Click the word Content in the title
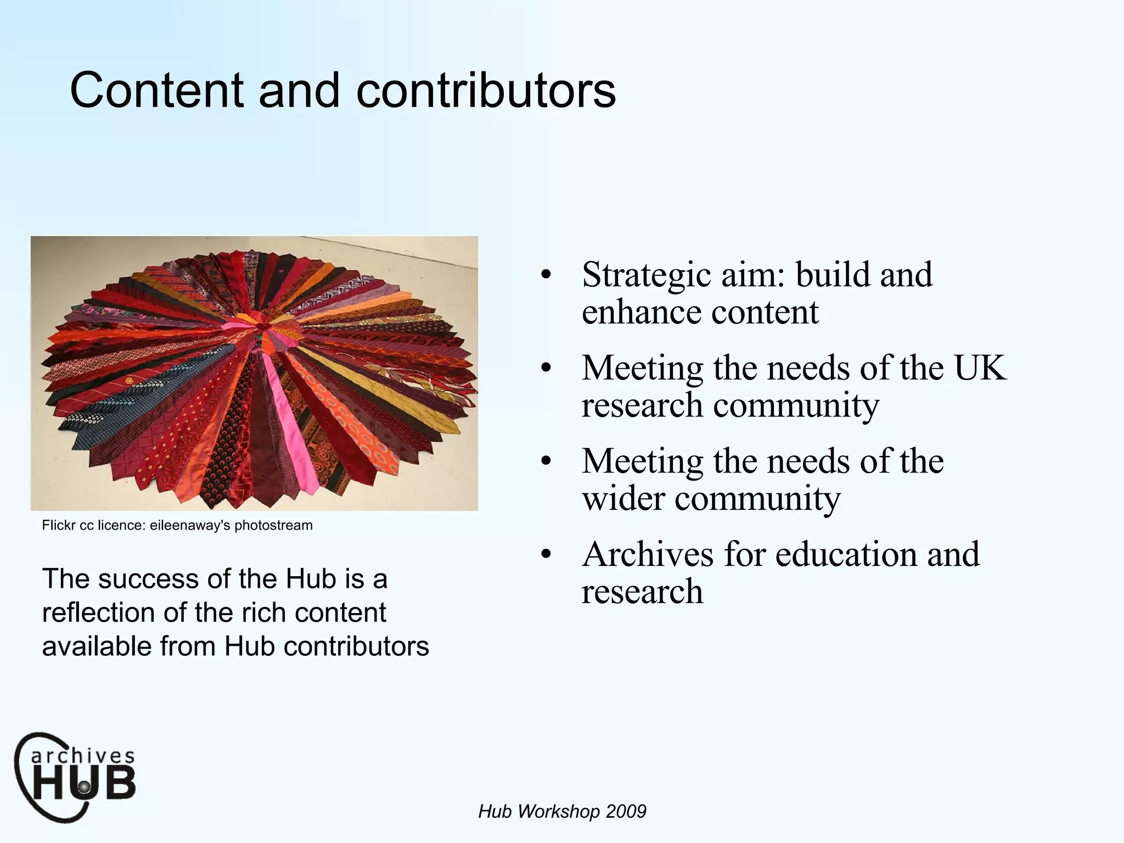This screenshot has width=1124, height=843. pyautogui.click(x=157, y=91)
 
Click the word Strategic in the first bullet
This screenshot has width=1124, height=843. pyautogui.click(x=647, y=275)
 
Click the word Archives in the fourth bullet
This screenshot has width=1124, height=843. pyautogui.click(x=648, y=554)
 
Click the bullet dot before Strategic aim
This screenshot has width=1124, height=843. pyautogui.click(x=545, y=276)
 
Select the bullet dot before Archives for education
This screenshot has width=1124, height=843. pyautogui.click(x=545, y=555)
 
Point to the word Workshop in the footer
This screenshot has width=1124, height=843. pyautogui.click(x=558, y=811)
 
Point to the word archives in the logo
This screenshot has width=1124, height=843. pyautogui.click(x=82, y=756)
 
